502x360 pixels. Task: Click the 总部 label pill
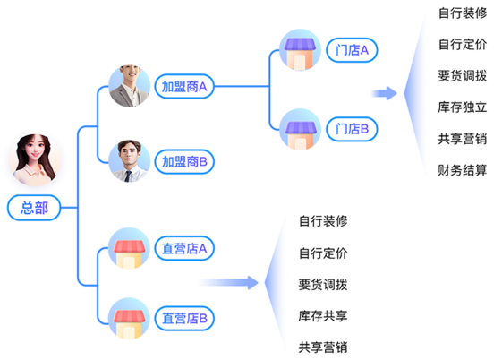[x=34, y=208]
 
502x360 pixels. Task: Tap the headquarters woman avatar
[x=35, y=159]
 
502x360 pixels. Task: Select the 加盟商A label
[x=184, y=87]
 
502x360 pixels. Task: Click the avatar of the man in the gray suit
[x=130, y=86]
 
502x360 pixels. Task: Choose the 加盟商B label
[x=184, y=161]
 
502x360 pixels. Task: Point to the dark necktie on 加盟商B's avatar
[x=128, y=176]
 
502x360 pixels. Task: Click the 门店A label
[x=352, y=50]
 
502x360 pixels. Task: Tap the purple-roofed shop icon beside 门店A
[x=301, y=49]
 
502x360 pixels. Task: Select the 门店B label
[x=352, y=129]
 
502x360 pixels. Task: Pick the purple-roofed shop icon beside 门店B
[x=301, y=129]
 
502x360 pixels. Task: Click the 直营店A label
[x=184, y=248]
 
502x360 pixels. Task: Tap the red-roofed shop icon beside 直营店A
[x=129, y=248]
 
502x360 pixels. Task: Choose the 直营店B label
[x=184, y=319]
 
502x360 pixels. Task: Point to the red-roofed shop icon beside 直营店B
[x=129, y=319]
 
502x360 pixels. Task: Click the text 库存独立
[x=463, y=107]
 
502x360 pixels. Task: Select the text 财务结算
[x=463, y=170]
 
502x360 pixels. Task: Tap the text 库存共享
[x=323, y=316]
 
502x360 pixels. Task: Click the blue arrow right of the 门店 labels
[x=384, y=93]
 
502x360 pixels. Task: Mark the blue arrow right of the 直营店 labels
[x=228, y=282]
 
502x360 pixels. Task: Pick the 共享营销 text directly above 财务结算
[x=463, y=139]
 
